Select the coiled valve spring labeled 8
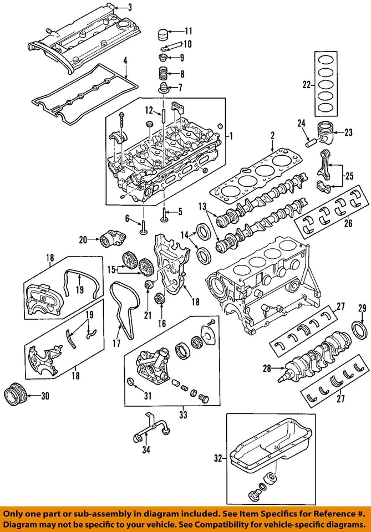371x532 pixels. pos(162,73)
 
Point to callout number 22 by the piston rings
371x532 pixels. pos(307,85)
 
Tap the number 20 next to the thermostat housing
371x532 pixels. pos(84,240)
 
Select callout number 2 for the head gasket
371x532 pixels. pos(273,135)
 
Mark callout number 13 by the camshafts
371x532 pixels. pos(202,207)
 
